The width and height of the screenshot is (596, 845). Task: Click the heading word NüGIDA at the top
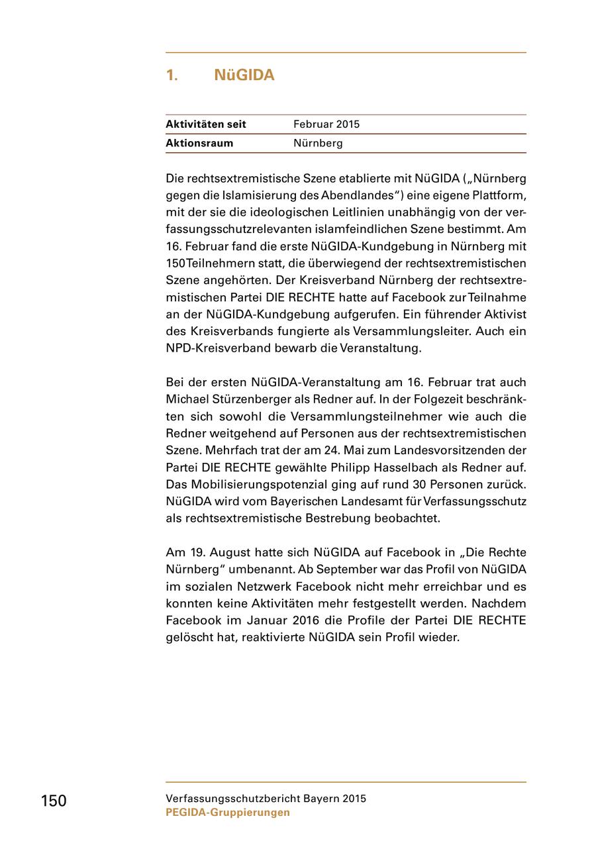[x=244, y=75]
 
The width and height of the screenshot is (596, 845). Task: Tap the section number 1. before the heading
[x=172, y=75]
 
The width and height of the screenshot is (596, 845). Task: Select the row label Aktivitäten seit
[x=206, y=124]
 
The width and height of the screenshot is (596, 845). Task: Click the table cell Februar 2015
[x=326, y=124]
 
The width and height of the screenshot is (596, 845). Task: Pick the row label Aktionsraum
[x=199, y=143]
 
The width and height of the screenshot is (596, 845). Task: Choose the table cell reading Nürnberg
[x=318, y=143]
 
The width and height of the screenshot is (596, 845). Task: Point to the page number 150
[x=54, y=801]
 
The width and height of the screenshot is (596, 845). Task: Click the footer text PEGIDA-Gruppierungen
[x=228, y=813]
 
